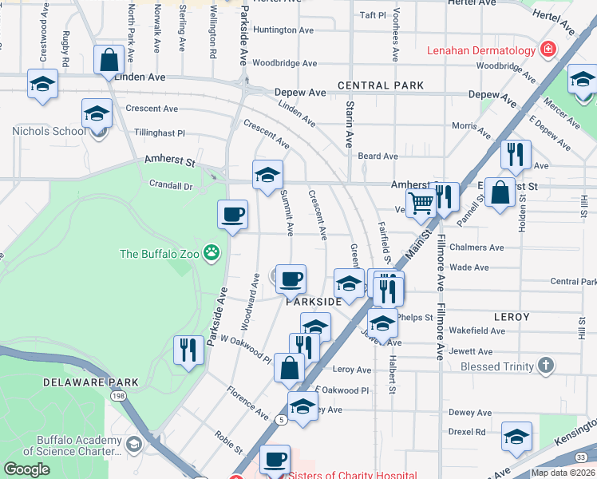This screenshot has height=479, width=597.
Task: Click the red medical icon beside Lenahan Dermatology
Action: coord(548,50)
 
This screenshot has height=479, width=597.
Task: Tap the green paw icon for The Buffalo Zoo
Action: coord(212,254)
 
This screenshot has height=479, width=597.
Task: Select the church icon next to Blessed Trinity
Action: coord(545,366)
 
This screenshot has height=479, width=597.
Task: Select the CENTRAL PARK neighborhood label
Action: coord(380,85)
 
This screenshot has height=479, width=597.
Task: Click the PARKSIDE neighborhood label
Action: coord(314,302)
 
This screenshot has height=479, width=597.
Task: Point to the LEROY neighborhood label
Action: coord(512,317)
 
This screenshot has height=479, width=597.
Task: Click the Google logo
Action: coord(27,469)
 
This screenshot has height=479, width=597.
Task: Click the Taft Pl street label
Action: coord(373,14)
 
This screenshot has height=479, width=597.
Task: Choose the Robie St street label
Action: coord(228,440)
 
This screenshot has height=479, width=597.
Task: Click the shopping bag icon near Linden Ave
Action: coord(107,60)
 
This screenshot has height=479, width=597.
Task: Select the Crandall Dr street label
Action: coord(171,185)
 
